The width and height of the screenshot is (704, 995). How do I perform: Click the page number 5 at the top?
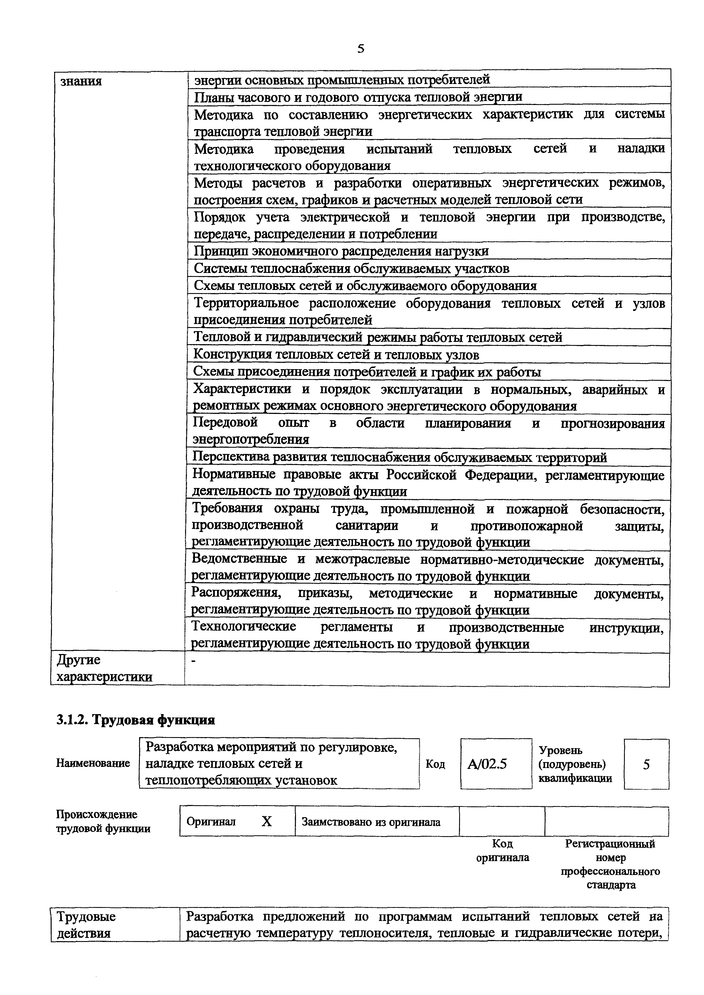(360, 49)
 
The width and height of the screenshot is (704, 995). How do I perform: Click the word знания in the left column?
(81, 81)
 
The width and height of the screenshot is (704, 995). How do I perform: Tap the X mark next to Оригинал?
(267, 821)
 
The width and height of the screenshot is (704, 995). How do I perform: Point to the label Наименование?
(93, 763)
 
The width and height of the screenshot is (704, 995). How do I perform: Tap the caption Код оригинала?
(503, 850)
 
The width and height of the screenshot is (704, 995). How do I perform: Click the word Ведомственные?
(239, 559)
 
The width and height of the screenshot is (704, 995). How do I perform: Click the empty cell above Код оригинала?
(502, 821)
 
